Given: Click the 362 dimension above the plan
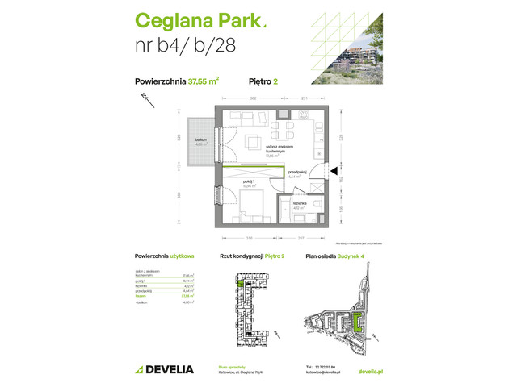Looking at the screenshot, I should [x=253, y=98].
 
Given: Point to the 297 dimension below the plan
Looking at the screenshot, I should [x=301, y=239].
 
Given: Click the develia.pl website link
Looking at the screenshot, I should [x=369, y=369].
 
